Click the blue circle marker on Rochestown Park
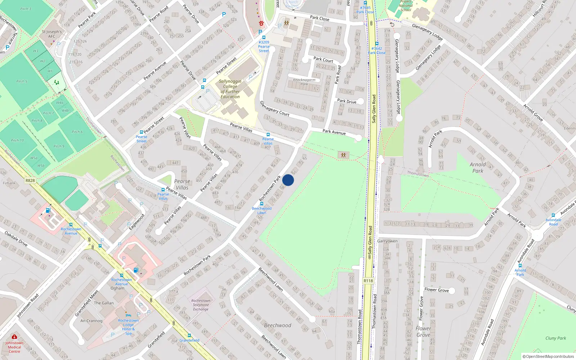coord(288,180)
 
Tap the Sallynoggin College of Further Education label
coord(230,89)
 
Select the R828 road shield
coord(30,180)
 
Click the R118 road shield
coord(368,281)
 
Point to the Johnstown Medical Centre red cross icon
coord(14,337)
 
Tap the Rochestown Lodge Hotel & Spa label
coord(128,327)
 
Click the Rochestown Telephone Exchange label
coord(201,305)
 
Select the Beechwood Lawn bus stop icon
coord(262,204)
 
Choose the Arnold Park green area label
coord(478,167)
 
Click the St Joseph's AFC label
coord(52,34)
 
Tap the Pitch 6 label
coord(77,132)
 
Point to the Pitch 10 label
coord(17,140)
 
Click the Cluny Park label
coord(555,338)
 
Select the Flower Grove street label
coord(436,289)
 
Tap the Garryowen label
coord(387,241)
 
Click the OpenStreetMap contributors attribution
coord(548,356)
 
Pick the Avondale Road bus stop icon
coord(553,215)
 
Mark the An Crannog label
coord(91,321)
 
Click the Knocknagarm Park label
coord(304,82)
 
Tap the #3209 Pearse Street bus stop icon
coord(264,37)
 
